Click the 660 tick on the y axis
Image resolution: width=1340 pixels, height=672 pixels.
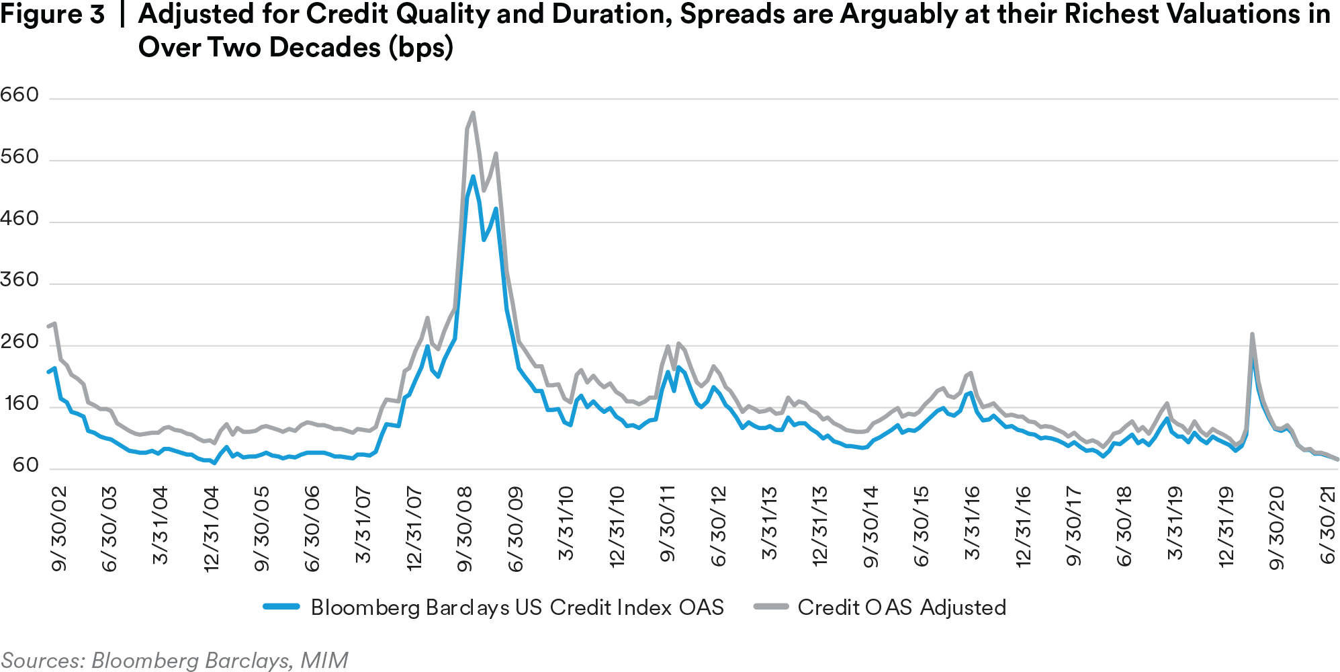20,95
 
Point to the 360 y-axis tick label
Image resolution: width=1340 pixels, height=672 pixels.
20,280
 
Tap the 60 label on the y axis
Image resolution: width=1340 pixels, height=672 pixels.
26,465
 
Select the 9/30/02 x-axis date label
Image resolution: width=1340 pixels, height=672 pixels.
60,528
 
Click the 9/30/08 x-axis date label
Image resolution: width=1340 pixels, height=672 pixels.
465,528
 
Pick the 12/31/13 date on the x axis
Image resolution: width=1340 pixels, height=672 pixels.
820,526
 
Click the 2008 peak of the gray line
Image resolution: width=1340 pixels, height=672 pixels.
473,113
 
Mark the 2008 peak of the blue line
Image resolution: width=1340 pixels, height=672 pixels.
473,177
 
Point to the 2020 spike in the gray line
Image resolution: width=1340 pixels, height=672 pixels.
1252,334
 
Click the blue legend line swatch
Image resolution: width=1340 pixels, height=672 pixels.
281,607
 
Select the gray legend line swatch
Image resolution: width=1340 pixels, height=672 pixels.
770,607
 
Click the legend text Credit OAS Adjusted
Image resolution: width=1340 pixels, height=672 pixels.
901,607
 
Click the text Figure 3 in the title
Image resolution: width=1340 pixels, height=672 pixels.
52,15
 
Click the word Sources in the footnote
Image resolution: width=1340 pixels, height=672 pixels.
42,660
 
